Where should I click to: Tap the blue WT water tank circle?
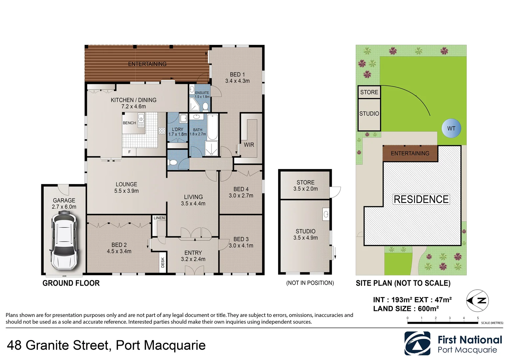tap(451, 128)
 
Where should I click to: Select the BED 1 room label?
tap(237, 78)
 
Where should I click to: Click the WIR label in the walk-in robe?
tap(249, 145)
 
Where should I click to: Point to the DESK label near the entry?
tap(163, 263)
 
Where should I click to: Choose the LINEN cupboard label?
tap(159, 218)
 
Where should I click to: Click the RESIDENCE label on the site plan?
tap(421, 199)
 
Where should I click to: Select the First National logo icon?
tap(417, 343)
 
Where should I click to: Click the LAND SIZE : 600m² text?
tap(406, 309)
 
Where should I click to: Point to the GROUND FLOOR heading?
tap(71, 283)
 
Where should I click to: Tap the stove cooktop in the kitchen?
tap(162, 130)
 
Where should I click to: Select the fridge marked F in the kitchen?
tap(130, 152)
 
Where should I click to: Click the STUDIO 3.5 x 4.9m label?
tap(305, 234)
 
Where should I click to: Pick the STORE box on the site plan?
tap(369, 92)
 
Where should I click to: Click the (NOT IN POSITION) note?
tap(310, 283)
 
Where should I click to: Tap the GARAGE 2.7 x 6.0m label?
tap(64, 203)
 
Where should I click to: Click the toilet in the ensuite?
tap(205, 106)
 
